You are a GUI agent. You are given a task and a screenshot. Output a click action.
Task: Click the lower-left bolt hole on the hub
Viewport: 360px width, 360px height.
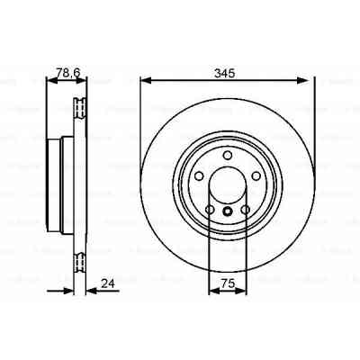(x=211, y=211)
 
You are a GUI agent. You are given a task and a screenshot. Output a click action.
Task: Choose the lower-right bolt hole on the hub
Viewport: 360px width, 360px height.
(x=243, y=211)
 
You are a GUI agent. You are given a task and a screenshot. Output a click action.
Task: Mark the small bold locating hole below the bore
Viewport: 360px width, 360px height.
(x=226, y=212)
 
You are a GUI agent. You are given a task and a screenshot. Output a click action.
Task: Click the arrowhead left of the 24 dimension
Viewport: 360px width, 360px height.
(x=71, y=290)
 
